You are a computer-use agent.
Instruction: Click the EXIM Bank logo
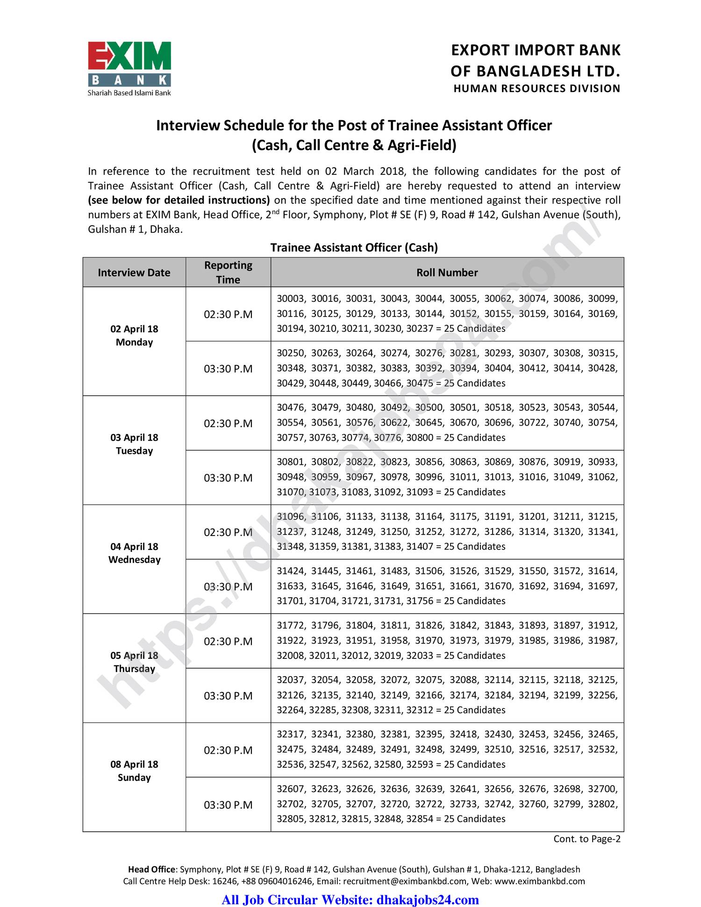[129, 68]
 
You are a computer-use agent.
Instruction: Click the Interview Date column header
[134, 272]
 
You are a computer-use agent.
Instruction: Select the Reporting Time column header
[228, 272]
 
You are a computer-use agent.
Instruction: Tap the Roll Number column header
[447, 272]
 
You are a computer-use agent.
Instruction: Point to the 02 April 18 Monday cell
[134, 336]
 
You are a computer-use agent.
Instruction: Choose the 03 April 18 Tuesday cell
[134, 444]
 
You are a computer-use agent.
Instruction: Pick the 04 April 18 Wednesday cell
[134, 553]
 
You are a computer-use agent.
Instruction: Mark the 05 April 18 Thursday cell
[134, 662]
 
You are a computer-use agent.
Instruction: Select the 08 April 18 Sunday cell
[134, 771]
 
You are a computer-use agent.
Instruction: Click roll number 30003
[291, 299]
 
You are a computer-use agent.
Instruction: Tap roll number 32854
[420, 819]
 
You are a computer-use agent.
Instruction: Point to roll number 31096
[291, 516]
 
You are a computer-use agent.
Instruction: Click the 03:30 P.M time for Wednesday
[228, 587]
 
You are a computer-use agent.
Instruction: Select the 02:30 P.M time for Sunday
[228, 750]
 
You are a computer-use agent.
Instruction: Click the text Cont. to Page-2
[587, 839]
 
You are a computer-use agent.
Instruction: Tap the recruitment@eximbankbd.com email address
[405, 881]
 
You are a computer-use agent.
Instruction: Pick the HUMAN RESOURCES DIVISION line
[536, 89]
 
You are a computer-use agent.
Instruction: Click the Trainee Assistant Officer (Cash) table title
[354, 248]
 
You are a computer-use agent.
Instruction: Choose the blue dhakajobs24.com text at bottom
[427, 900]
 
